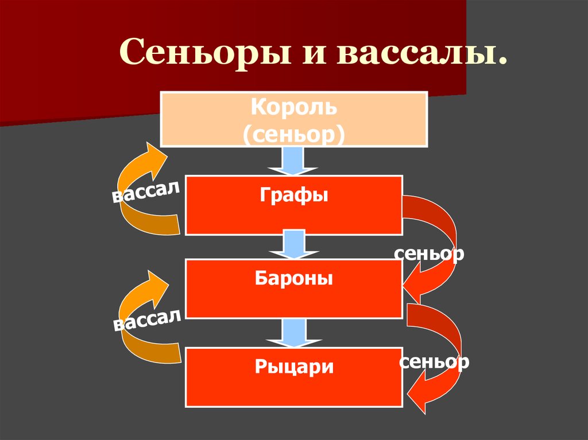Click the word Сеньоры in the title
(205, 52)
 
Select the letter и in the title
(314, 55)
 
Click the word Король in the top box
(293, 107)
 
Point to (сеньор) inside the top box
(293, 134)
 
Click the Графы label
(293, 195)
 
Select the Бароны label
(293, 278)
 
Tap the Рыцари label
(294, 367)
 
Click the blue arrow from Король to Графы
(292, 161)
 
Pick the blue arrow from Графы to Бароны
(294, 244)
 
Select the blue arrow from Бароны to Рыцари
(294, 333)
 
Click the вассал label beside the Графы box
(146, 191)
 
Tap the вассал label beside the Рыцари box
(148, 320)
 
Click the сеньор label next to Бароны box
(429, 254)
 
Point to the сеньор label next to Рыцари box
(434, 362)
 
